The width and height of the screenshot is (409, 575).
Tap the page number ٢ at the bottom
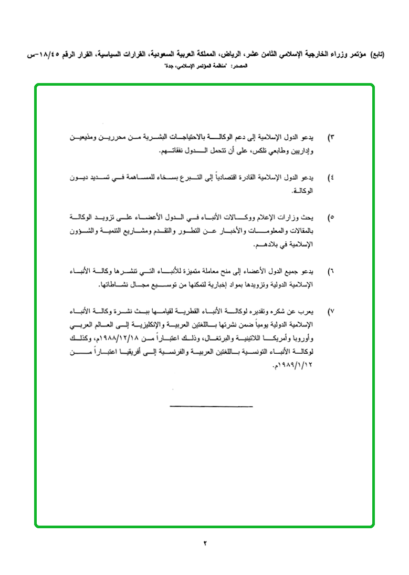tap(205, 543)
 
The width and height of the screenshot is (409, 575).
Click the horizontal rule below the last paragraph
tap(211, 406)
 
